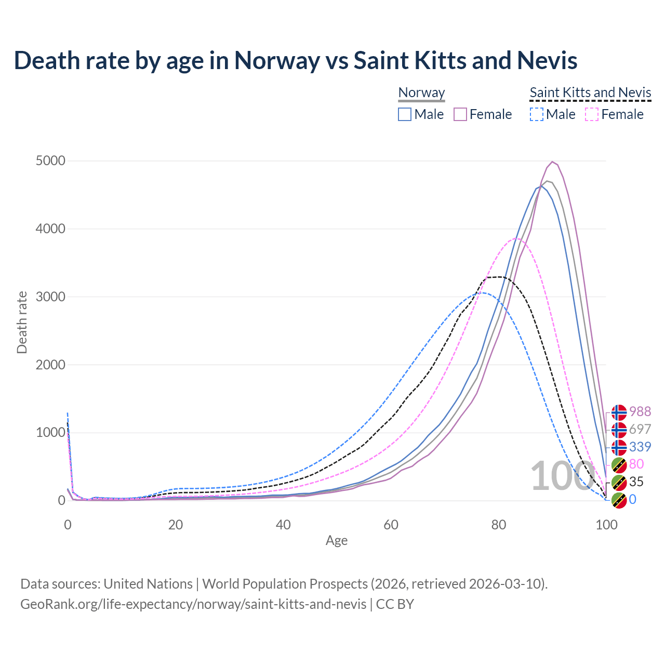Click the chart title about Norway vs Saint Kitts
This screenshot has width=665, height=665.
(x=295, y=60)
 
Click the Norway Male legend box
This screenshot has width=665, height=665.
(x=405, y=114)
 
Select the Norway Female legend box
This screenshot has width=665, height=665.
(x=461, y=114)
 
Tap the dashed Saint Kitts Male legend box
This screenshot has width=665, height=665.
(x=537, y=114)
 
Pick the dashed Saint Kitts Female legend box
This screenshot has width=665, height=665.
(x=592, y=114)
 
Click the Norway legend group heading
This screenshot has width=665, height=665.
(x=421, y=92)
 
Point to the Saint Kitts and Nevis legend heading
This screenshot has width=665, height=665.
(x=590, y=92)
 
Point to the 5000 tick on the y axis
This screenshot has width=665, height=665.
(x=50, y=161)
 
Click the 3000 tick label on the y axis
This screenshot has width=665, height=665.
(x=50, y=297)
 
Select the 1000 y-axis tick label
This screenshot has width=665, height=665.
(x=50, y=432)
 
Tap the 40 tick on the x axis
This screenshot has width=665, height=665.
(x=283, y=525)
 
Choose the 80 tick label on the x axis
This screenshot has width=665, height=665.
(x=499, y=525)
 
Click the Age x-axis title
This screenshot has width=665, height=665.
(x=337, y=540)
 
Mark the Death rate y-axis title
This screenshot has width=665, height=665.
(x=22, y=322)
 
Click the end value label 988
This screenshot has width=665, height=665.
(x=640, y=411)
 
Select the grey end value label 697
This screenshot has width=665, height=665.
(x=640, y=429)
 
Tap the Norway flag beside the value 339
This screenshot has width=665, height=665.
(x=619, y=447)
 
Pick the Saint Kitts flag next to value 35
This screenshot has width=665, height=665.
(x=619, y=482)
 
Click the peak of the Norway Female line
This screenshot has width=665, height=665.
(x=552, y=162)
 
